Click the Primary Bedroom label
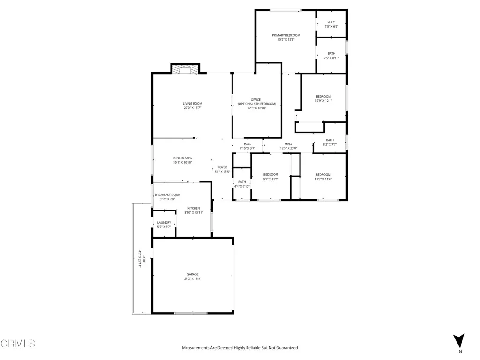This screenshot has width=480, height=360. [x=286, y=35]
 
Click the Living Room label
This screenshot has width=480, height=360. [x=192, y=103]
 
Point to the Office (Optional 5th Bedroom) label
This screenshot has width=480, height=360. [x=256, y=101]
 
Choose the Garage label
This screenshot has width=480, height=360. [x=193, y=274]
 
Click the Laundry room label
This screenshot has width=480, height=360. [x=164, y=223]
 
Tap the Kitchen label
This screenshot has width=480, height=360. [x=194, y=208]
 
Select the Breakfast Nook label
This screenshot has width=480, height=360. [x=167, y=195]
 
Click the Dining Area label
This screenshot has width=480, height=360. [x=183, y=158]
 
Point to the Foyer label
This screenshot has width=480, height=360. [x=222, y=167]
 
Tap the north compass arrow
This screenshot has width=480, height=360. [x=459, y=341]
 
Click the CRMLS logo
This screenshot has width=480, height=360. [x=18, y=344]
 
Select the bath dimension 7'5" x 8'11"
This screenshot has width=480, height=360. [x=331, y=58]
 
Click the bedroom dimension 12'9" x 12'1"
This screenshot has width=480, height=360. [x=323, y=101]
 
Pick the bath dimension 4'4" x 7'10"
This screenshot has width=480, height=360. [x=242, y=187]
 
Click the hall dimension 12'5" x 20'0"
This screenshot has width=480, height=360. [x=288, y=149]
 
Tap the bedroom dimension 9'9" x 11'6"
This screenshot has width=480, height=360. [x=270, y=179]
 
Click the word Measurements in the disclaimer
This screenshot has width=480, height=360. [x=196, y=348]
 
